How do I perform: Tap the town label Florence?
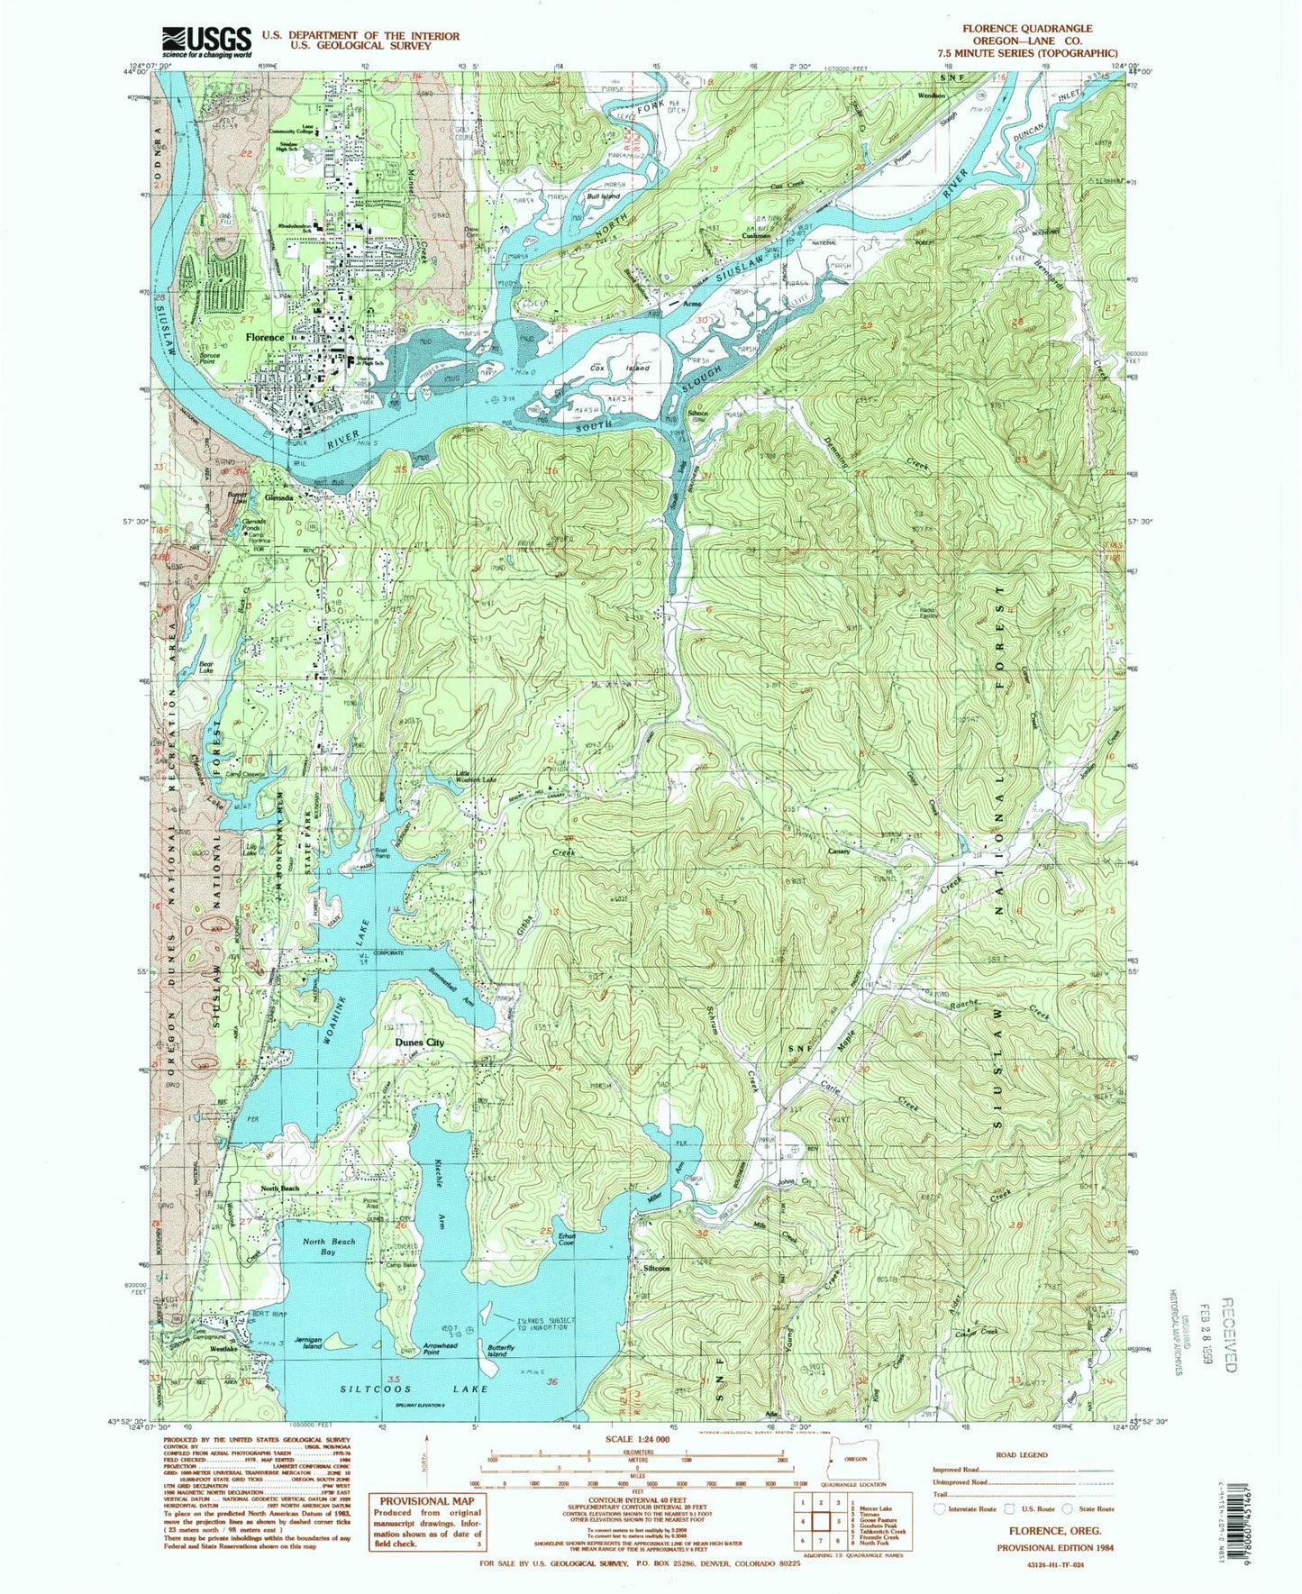pyautogui.click(x=265, y=337)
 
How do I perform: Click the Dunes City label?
pyautogui.click(x=420, y=1042)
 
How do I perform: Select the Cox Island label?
pyautogui.click(x=607, y=369)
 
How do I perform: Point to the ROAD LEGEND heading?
pyautogui.click(x=1022, y=1454)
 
